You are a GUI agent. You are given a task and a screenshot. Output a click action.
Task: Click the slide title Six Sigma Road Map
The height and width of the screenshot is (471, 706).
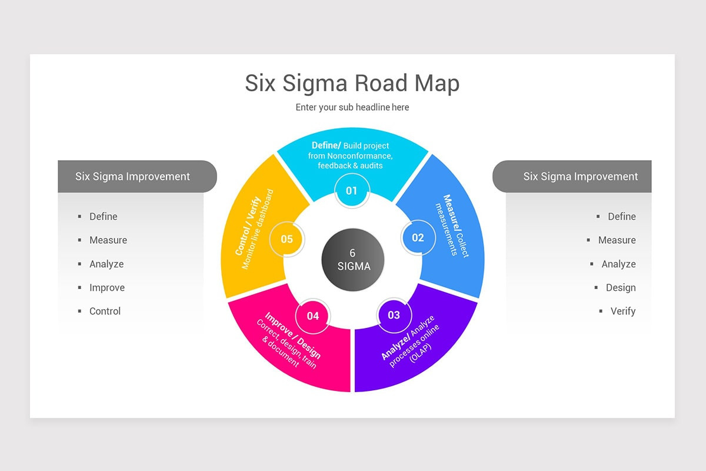tap(352, 84)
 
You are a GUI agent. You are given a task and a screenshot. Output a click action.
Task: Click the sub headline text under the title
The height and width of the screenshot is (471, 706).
tap(352, 107)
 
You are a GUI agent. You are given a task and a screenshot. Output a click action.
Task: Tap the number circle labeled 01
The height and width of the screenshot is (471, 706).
tap(351, 191)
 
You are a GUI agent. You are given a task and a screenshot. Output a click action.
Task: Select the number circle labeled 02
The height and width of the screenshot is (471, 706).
tap(418, 238)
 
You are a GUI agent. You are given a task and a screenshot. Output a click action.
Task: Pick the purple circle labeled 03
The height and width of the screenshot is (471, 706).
tap(394, 315)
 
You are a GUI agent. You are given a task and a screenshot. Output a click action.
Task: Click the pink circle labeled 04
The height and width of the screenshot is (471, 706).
tap(312, 316)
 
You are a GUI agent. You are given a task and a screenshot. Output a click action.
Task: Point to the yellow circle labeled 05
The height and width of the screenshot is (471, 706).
tap(287, 239)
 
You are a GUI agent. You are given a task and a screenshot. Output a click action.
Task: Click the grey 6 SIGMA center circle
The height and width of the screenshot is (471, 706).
tap(353, 260)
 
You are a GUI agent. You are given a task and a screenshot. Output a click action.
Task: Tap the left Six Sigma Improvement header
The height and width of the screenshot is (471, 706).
tap(133, 176)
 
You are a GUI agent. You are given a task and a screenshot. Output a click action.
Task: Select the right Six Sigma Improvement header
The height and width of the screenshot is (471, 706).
tap(580, 176)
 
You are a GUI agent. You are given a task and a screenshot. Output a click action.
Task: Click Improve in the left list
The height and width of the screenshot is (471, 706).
tap(106, 287)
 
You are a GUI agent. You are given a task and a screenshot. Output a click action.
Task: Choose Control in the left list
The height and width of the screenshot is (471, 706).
tap(105, 311)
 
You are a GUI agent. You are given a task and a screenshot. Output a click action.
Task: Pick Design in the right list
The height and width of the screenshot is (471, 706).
tap(621, 287)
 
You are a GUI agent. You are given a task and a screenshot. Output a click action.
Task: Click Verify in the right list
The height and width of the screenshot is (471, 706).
tap(622, 311)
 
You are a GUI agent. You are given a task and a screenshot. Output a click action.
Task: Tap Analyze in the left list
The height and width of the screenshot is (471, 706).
tap(106, 264)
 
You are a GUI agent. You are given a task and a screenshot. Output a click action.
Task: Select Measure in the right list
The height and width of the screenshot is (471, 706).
tap(617, 240)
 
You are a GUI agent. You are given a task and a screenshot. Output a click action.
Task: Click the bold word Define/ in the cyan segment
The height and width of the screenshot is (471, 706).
tap(326, 145)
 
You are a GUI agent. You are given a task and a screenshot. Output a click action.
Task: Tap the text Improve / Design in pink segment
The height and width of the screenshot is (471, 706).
tap(293, 336)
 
